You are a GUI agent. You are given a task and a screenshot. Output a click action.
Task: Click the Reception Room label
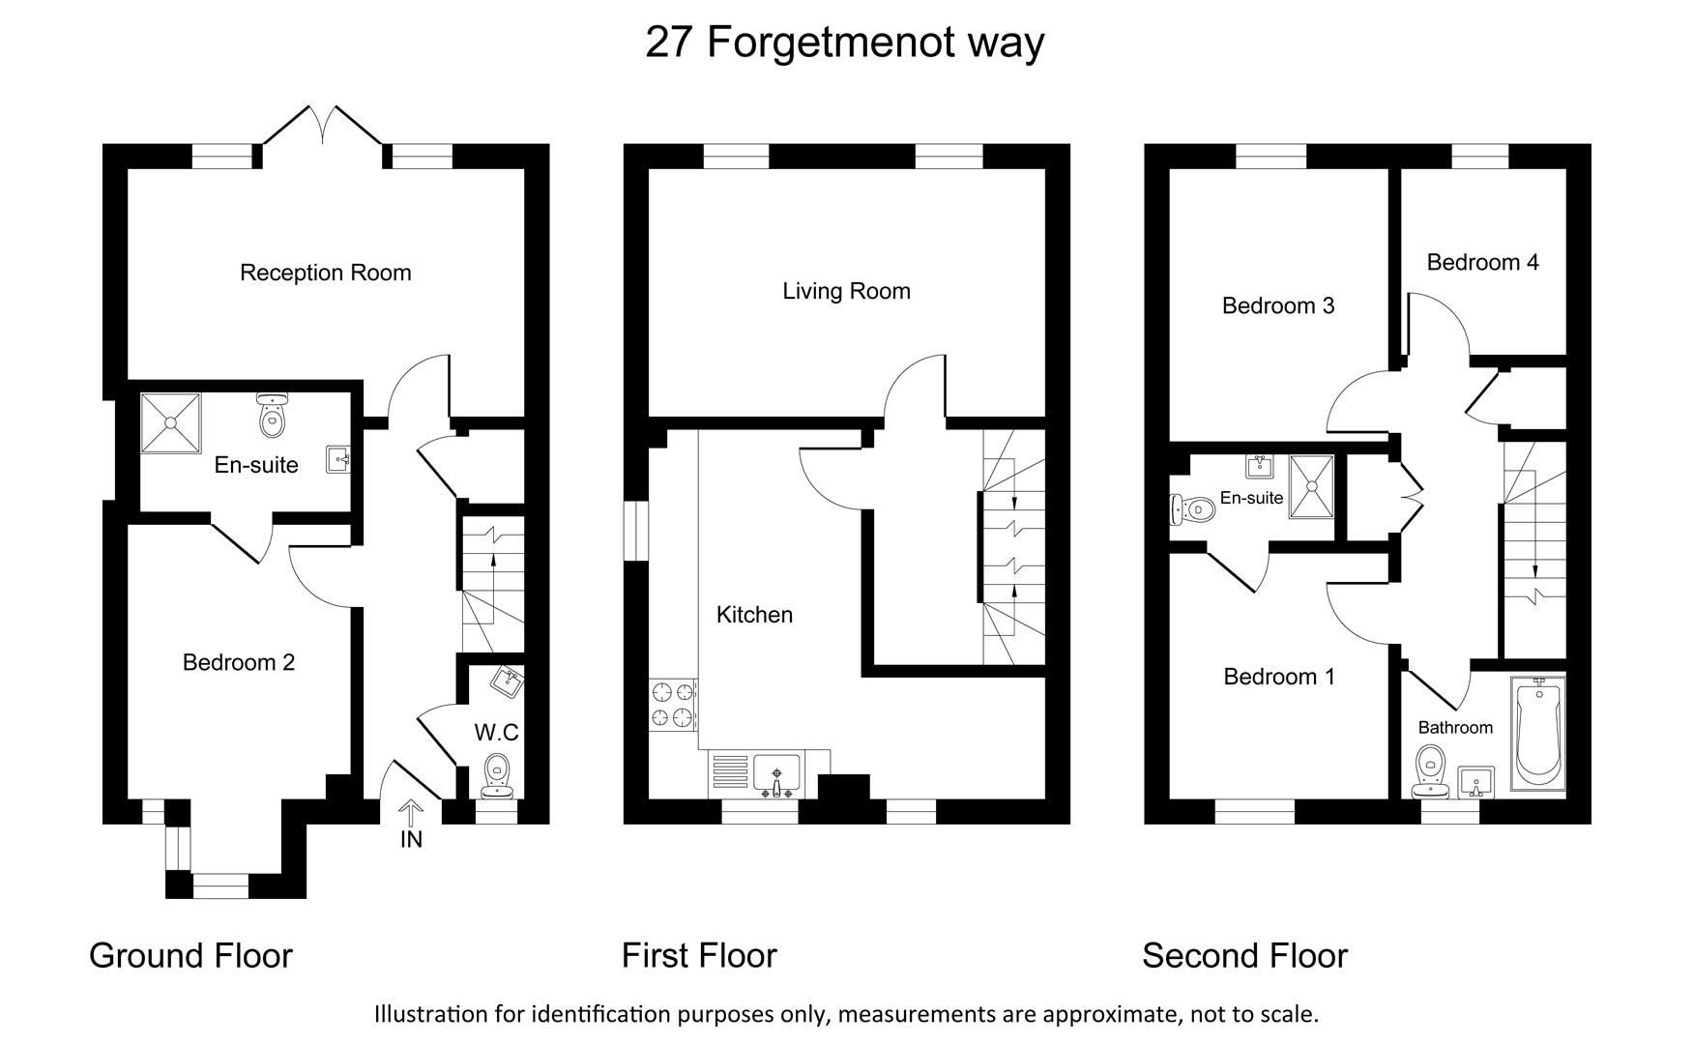point(325,273)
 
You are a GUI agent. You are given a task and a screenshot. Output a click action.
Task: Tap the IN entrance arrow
point(410,814)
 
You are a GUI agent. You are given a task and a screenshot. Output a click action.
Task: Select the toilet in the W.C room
point(497,773)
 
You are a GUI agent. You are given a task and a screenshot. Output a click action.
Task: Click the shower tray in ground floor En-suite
point(170,422)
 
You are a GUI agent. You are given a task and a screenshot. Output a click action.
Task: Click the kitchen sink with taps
point(776,775)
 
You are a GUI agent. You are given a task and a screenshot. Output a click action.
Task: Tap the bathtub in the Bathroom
point(1536,732)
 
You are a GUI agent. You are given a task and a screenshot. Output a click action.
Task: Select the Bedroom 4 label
point(1481,262)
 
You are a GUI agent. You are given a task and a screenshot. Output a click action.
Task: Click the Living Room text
point(846,291)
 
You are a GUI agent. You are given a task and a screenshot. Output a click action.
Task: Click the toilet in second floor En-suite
point(1193,508)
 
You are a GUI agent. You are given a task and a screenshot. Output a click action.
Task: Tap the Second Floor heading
point(1244,955)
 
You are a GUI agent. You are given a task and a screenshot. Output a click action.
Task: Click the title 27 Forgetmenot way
point(844,42)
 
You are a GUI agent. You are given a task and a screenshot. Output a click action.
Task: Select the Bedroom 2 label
point(238,662)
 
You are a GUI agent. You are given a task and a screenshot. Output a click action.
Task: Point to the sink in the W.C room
point(507,681)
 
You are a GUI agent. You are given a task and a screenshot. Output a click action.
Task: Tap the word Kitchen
point(754,615)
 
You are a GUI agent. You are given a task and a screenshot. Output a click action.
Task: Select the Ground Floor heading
point(190,955)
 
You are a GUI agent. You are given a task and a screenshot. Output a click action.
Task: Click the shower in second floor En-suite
point(1312,486)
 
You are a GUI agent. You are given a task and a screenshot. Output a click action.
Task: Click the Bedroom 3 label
point(1277,305)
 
